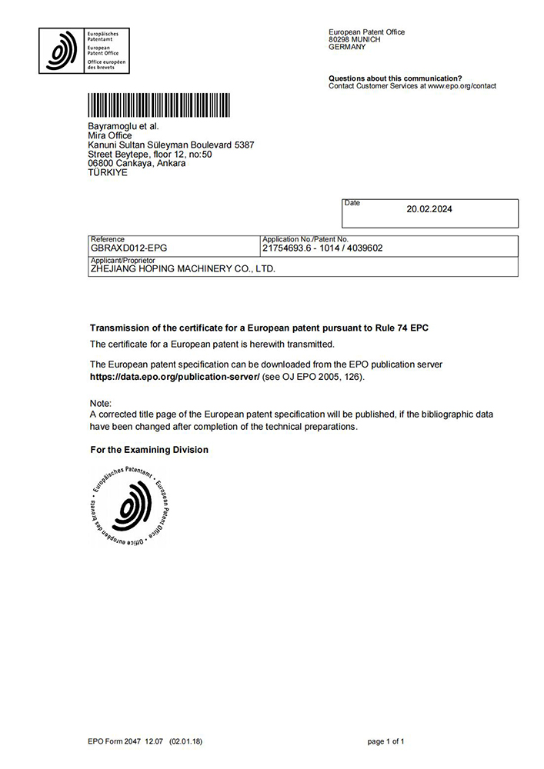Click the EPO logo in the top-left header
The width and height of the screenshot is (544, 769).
(x=84, y=51)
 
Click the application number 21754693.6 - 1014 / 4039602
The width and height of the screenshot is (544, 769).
(x=322, y=248)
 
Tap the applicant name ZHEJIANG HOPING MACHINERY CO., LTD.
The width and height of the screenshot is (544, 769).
(x=182, y=269)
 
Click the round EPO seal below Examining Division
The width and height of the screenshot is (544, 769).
(x=128, y=507)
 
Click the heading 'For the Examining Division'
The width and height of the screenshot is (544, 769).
(x=149, y=450)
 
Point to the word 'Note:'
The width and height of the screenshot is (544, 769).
(x=101, y=404)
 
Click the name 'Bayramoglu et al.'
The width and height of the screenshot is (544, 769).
(x=123, y=126)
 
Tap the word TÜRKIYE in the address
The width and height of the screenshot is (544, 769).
(x=108, y=173)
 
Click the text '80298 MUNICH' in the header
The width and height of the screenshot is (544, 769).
(x=354, y=39)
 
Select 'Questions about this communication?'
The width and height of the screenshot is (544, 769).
(x=395, y=78)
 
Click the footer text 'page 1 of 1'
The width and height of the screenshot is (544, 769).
(x=385, y=741)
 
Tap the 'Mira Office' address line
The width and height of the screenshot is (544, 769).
(x=111, y=135)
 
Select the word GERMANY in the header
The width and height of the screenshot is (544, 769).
(x=347, y=47)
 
